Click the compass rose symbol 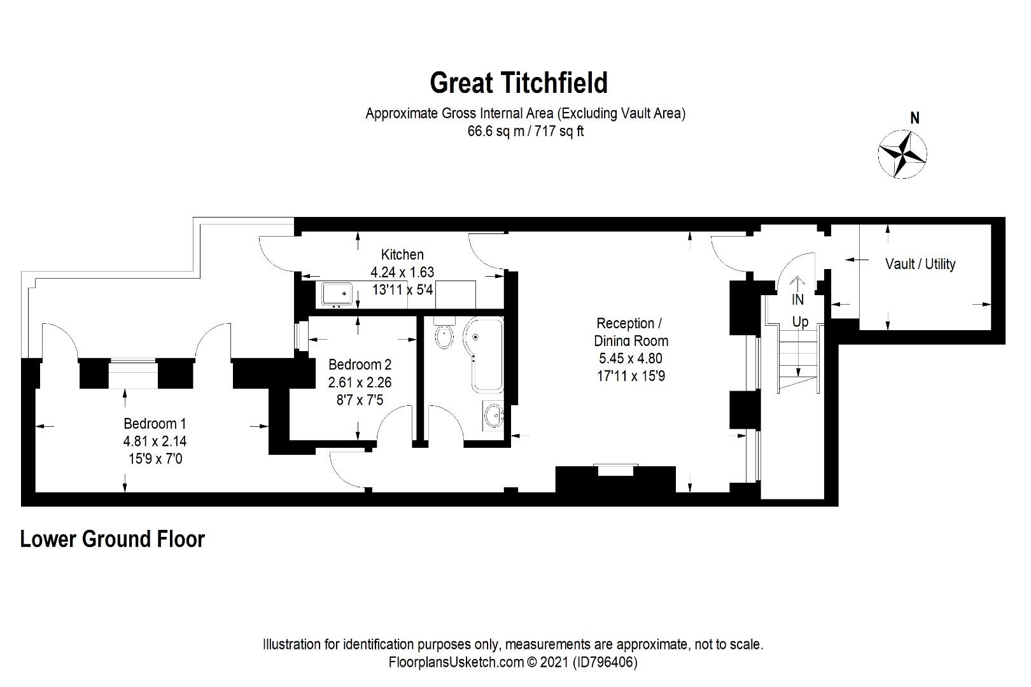pos(902,153)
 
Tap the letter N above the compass pos(915,118)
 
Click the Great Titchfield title pos(519,83)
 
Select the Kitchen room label pos(402,254)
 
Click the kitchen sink pos(337,294)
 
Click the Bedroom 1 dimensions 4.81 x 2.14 pos(155,441)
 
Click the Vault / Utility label pos(920,264)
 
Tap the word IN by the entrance pos(797,300)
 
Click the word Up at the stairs pos(800,322)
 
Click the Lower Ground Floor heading pos(113,539)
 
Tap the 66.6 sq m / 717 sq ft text pos(526,132)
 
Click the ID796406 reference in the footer pos(605,662)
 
